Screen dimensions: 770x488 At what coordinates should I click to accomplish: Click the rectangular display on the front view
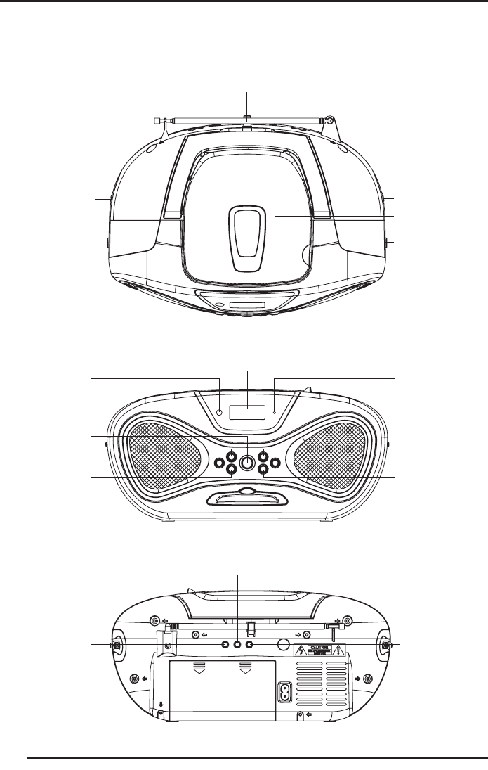[248, 413]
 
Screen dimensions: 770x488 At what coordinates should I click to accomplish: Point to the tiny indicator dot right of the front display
[275, 413]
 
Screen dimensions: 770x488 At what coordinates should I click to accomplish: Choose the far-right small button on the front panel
[275, 463]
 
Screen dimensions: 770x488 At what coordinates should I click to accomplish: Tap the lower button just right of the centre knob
[263, 471]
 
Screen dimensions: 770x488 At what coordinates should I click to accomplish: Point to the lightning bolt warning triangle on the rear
[299, 650]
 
